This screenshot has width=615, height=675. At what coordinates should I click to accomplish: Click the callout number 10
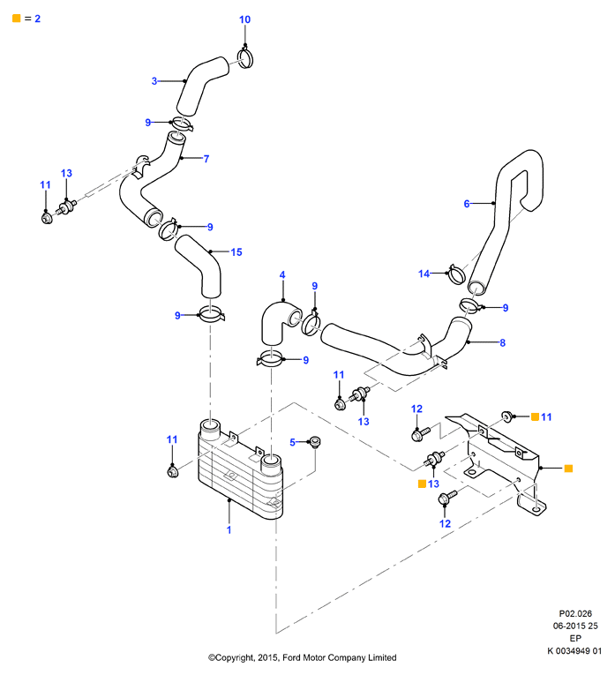coord(244,19)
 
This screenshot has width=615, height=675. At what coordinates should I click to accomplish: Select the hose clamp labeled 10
coord(245,58)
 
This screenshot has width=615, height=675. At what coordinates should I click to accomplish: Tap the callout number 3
coord(154,81)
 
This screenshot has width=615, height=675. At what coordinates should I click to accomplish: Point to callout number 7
coord(206,159)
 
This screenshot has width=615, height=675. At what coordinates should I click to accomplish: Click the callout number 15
coord(236,251)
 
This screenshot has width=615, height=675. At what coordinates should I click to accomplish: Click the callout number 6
coord(467,204)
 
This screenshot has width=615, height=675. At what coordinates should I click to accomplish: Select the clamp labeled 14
coord(457,274)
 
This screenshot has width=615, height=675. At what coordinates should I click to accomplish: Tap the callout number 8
coord(502,343)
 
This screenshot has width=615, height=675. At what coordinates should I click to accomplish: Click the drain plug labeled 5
coord(316,442)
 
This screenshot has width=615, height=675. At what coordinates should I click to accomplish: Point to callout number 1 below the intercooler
coord(229,530)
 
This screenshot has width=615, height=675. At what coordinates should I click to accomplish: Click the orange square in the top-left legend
coord(17,18)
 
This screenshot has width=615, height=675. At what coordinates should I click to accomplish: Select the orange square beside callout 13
coord(422,484)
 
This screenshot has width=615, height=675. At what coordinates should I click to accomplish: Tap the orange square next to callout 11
coord(535,416)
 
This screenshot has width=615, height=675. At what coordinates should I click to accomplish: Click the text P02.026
coord(575,613)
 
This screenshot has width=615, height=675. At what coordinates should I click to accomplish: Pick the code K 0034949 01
coord(574,651)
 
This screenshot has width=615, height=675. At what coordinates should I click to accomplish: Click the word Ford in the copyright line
coord(292,657)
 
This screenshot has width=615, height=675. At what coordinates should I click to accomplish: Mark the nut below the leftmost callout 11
coord(47,218)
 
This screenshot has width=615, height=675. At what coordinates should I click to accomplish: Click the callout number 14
coord(424,274)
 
